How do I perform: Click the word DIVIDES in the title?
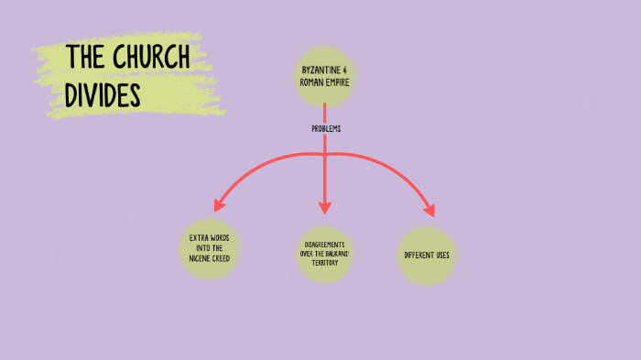102,93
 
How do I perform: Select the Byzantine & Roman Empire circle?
324,74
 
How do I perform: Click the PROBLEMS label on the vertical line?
326,129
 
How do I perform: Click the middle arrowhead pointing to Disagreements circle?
324,207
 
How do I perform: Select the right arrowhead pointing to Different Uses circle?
429,210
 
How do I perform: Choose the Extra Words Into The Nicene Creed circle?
209,249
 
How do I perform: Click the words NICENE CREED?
209,259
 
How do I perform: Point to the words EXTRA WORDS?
209,239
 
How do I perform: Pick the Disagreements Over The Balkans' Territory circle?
325,254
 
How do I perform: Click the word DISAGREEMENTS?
325,245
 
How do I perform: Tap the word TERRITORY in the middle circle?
325,263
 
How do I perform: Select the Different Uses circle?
428,255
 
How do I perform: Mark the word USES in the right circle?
443,255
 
